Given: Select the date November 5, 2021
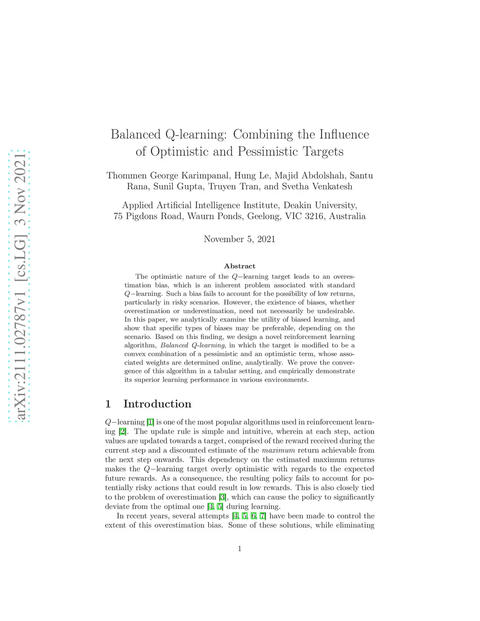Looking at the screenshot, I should pyautogui.click(x=240, y=239).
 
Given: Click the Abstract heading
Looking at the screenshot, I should pyautogui.click(x=240, y=266).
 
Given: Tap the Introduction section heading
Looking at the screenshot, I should pyautogui.click(x=157, y=404).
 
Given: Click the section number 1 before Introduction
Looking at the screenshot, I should pyautogui.click(x=108, y=404).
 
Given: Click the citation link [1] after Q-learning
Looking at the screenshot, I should pyautogui.click(x=150, y=422).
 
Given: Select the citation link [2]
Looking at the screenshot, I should pyautogui.click(x=122, y=432).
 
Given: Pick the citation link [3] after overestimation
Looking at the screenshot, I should pyautogui.click(x=223, y=497).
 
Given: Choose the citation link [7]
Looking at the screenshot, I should pyautogui.click(x=263, y=516).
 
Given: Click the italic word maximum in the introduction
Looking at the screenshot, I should pyautogui.click(x=278, y=450).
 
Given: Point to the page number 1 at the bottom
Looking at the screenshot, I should pyautogui.click(x=240, y=549).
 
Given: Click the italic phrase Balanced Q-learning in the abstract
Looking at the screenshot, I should pyautogui.click(x=193, y=345).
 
